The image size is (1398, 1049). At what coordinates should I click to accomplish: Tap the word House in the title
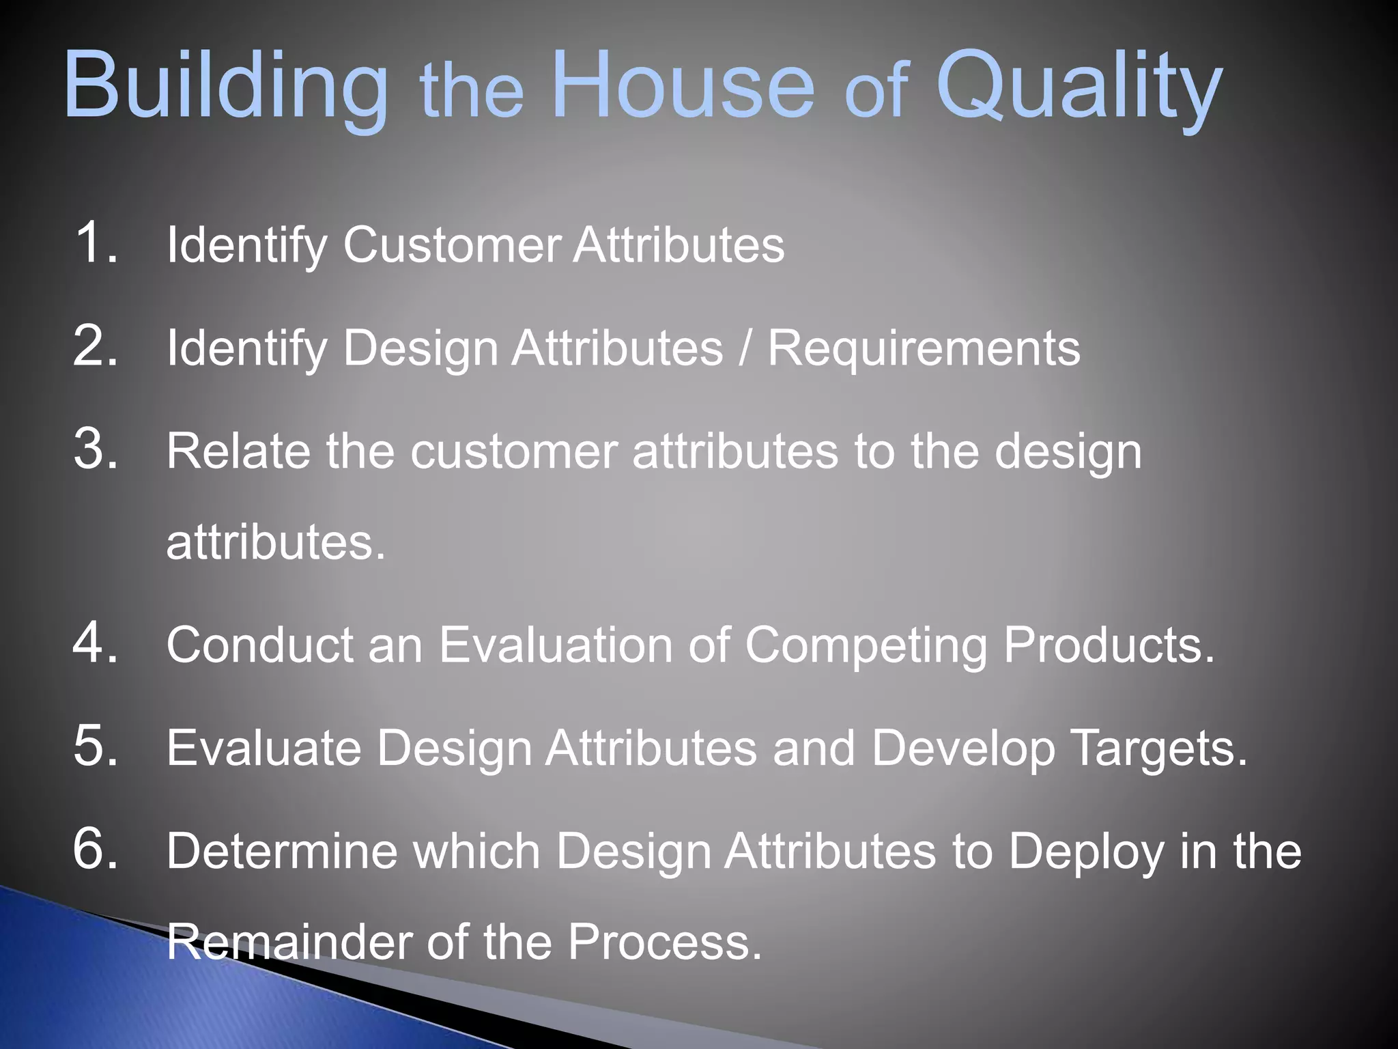(x=683, y=85)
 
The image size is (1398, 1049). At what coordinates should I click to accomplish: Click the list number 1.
(x=96, y=242)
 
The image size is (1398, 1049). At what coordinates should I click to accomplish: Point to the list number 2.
(x=96, y=346)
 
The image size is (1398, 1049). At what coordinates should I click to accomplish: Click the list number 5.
(x=96, y=746)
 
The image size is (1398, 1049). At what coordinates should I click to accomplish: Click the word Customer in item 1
(x=452, y=244)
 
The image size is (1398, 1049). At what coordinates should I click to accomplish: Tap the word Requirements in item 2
(x=924, y=348)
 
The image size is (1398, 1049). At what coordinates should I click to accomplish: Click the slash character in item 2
(x=745, y=348)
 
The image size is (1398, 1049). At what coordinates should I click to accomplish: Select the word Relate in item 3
(x=238, y=451)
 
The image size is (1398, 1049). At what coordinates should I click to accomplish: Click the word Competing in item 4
(x=866, y=646)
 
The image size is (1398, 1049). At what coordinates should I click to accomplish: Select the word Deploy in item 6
(x=1086, y=853)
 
